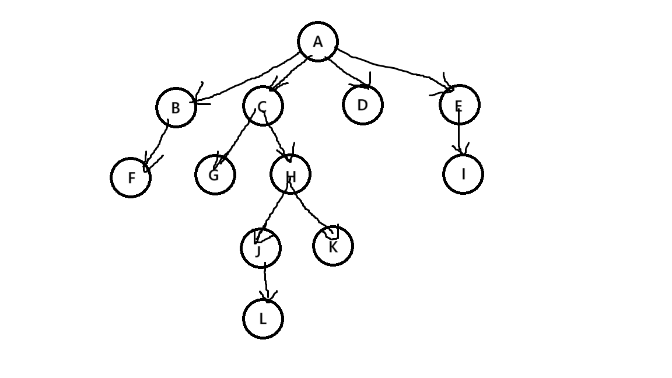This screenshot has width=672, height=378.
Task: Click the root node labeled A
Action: click(318, 42)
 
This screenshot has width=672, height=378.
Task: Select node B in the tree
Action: click(176, 107)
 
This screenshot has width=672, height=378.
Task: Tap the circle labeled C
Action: click(262, 106)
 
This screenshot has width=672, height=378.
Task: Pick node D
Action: click(362, 105)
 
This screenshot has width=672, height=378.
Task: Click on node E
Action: click(459, 105)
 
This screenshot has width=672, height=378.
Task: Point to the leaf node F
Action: click(131, 177)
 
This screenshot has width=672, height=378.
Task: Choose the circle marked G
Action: click(215, 174)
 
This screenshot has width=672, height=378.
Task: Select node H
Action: click(290, 174)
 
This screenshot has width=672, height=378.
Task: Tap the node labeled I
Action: click(463, 174)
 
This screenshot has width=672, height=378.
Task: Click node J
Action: click(260, 249)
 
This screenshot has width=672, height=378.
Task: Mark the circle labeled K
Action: click(332, 246)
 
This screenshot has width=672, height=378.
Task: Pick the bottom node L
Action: click(262, 318)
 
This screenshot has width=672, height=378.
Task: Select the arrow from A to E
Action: click(397, 70)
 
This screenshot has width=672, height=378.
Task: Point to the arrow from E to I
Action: click(459, 133)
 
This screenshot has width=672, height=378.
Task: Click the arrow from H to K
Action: click(309, 210)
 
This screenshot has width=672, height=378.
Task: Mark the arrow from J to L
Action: click(266, 283)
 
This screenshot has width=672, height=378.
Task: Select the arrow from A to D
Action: click(347, 73)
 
